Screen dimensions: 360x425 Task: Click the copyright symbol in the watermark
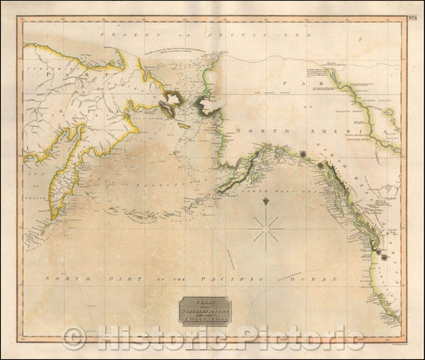[74, 338]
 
